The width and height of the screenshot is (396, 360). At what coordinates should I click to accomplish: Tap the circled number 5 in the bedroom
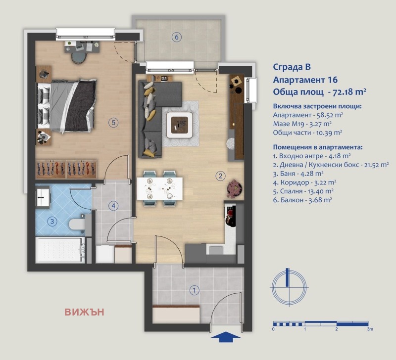(x=113, y=123)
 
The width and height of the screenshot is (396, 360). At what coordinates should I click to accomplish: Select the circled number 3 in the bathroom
(x=52, y=222)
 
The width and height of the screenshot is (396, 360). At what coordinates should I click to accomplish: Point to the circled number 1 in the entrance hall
(x=195, y=290)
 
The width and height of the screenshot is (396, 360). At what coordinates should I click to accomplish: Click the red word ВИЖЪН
(x=84, y=312)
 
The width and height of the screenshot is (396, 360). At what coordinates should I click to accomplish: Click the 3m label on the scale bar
(x=369, y=328)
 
